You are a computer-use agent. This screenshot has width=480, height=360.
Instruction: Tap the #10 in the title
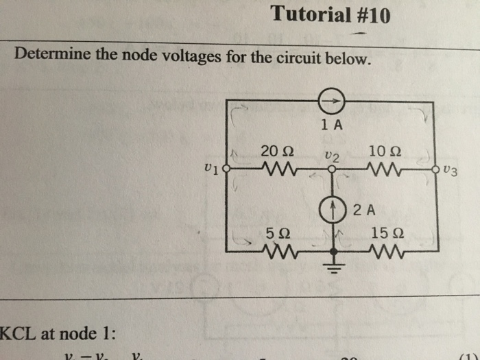pyautogui.click(x=370, y=14)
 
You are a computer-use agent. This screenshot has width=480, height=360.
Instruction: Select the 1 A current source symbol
pyautogui.click(x=332, y=101)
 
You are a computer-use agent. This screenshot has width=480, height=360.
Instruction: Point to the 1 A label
pyautogui.click(x=331, y=125)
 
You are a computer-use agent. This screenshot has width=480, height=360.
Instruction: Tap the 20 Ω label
pyautogui.click(x=278, y=149)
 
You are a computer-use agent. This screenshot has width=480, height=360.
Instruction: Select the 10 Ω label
pyautogui.click(x=384, y=150)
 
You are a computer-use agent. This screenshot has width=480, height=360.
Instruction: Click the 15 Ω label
pyautogui.click(x=384, y=232)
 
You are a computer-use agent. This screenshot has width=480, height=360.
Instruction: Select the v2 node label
pyautogui.click(x=332, y=156)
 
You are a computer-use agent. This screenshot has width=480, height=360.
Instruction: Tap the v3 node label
pyautogui.click(x=450, y=169)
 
